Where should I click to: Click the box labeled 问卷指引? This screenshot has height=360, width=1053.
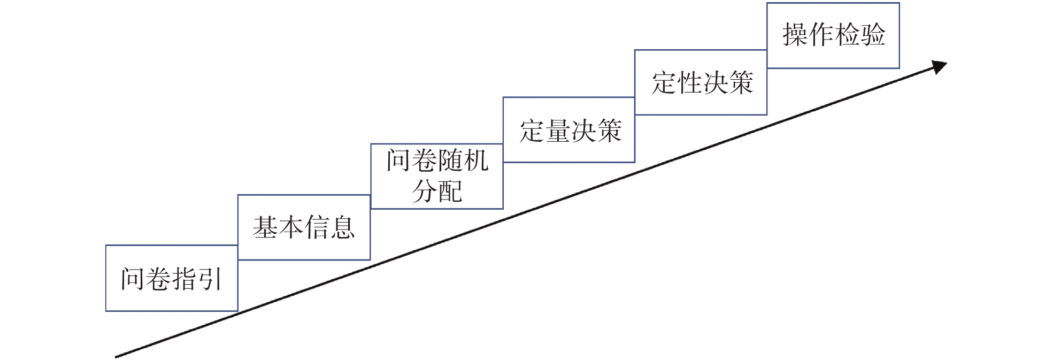click(172, 278)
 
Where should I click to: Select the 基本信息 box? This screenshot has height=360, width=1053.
click(304, 227)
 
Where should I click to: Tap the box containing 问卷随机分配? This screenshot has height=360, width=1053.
click(437, 176)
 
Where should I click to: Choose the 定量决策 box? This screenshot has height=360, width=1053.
click(569, 130)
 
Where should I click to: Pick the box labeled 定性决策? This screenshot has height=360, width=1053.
click(701, 82)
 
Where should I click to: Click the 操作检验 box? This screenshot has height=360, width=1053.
click(833, 35)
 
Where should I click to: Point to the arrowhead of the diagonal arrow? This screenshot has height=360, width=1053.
click(941, 66)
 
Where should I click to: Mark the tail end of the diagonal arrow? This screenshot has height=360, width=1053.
click(117, 356)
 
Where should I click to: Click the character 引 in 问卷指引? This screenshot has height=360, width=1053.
click(210, 279)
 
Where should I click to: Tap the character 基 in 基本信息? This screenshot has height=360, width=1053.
click(265, 227)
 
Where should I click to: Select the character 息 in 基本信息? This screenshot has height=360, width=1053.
click(342, 227)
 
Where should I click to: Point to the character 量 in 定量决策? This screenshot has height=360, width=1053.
click(558, 131)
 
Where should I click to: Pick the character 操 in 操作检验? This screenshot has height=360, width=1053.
click(795, 35)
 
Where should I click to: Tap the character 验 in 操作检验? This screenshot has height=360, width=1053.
click(872, 35)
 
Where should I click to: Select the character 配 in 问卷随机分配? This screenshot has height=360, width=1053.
click(450, 192)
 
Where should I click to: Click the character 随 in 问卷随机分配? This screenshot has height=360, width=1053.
click(450, 160)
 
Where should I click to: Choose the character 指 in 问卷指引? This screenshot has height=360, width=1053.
click(185, 279)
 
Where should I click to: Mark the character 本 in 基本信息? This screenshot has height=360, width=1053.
click(291, 227)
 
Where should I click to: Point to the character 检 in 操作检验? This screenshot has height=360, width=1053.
click(847, 35)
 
